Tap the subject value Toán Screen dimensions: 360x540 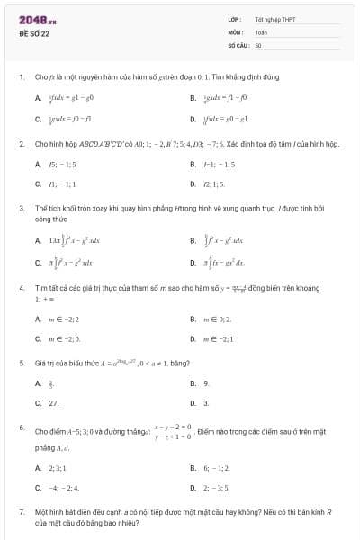tap(261, 31)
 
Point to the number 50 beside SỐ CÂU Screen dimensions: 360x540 tap(258, 44)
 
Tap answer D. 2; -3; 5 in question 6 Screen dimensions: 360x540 tap(217, 488)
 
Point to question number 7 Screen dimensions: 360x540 tap(21, 511)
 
